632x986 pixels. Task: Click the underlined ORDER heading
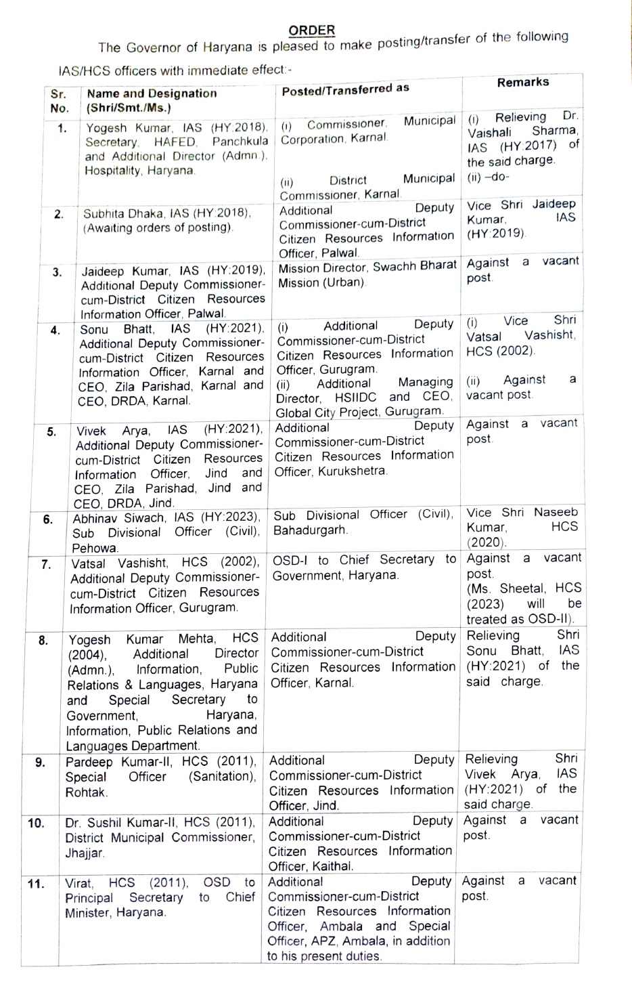point(311,30)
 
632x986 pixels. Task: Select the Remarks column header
point(522,82)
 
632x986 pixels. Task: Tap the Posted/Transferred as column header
point(345,89)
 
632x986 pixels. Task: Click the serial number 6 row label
point(48,519)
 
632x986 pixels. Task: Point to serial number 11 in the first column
point(36,884)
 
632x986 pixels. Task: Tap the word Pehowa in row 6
point(95,548)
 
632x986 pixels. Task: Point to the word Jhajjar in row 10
point(85,853)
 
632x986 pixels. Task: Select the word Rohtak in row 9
point(86,792)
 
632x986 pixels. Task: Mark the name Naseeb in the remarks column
point(556,512)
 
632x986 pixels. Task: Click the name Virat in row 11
point(79,882)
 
